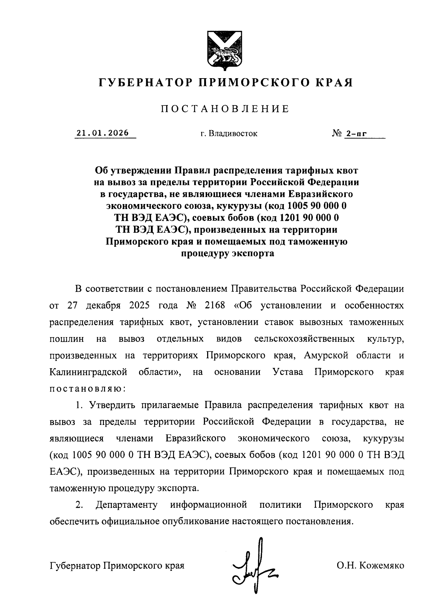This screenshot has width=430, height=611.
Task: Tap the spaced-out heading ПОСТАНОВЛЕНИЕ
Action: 225,109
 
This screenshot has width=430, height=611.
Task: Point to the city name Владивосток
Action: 233,134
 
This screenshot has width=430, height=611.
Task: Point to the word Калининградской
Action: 89,372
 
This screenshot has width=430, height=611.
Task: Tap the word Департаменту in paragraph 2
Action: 127,505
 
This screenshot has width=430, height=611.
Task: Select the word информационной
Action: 209,505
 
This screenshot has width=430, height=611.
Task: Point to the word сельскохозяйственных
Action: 305,339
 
